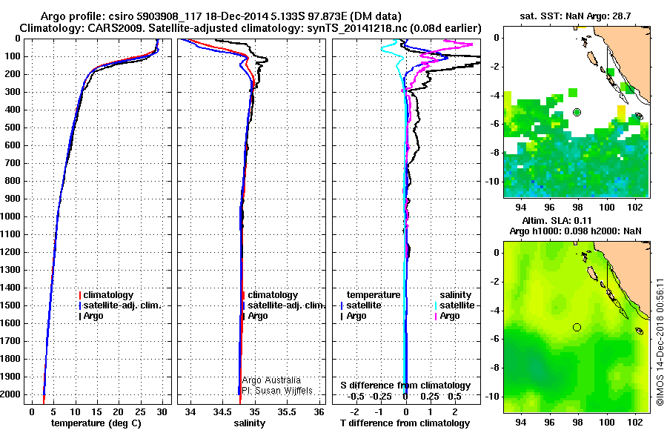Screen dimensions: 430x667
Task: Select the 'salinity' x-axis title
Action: [x=250, y=423]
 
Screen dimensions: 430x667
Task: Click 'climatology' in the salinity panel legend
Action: [x=273, y=295]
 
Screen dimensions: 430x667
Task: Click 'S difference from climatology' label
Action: [x=405, y=386]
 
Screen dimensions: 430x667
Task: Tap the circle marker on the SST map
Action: [x=577, y=112]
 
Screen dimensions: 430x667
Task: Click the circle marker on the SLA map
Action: [x=577, y=327]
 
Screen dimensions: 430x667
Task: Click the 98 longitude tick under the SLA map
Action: [x=577, y=420]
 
